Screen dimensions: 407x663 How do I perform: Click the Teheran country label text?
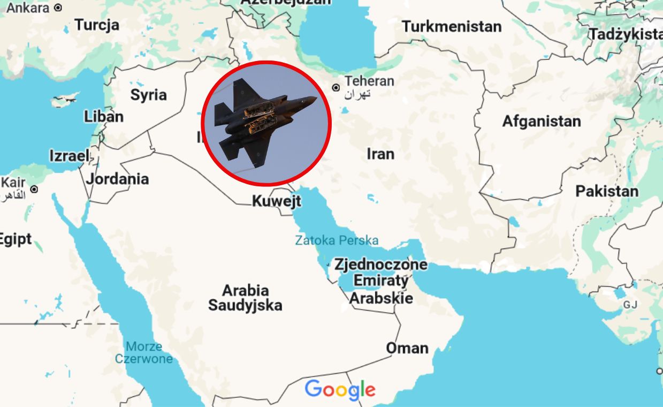click(x=369, y=81)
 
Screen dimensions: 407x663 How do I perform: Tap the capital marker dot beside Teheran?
click(x=336, y=87)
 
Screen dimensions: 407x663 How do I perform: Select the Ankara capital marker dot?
click(x=58, y=8)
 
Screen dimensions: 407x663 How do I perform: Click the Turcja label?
click(x=97, y=25)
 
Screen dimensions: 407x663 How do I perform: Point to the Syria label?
click(x=149, y=95)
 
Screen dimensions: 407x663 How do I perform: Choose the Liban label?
click(x=104, y=116)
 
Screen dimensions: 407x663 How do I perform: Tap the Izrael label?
click(x=69, y=156)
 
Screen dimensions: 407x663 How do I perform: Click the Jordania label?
click(x=117, y=178)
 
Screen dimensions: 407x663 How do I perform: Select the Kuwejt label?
click(x=277, y=201)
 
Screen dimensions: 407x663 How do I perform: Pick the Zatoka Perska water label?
click(x=337, y=240)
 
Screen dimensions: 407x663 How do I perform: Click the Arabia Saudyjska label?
click(x=245, y=298)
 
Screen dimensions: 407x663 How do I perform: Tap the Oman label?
click(x=407, y=348)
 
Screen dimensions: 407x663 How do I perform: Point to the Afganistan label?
click(x=541, y=121)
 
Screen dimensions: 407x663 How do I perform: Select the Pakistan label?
click(x=607, y=191)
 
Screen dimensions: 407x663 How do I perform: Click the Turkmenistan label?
click(x=452, y=26)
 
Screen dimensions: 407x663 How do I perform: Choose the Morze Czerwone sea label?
click(x=144, y=352)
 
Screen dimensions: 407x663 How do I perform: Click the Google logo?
click(x=340, y=390)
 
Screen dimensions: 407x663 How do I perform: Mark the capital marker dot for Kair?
click(x=34, y=189)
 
